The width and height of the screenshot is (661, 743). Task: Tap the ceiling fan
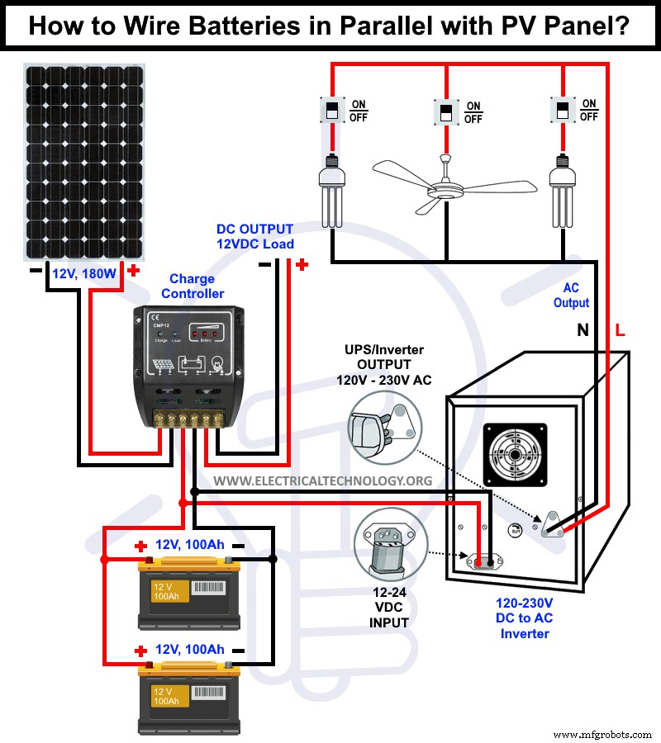tap(445, 188)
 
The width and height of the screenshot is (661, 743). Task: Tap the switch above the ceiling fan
tap(445, 111)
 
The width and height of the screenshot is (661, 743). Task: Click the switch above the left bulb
tap(331, 110)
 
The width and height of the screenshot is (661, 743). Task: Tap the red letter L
tap(621, 331)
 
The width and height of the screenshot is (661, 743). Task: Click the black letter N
tap(583, 331)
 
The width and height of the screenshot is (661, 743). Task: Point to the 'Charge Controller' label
tap(192, 286)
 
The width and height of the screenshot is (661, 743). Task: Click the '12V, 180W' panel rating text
tap(84, 273)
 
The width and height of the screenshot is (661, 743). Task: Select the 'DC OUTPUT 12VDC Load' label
tap(254, 236)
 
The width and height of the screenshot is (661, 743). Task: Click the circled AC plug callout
tap(385, 428)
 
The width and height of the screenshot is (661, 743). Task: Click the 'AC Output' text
tap(571, 296)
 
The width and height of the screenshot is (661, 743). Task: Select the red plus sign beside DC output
tap(302, 265)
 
